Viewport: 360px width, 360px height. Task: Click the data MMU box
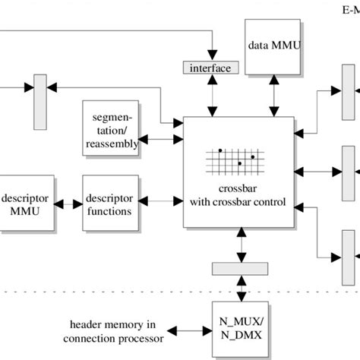(274, 46)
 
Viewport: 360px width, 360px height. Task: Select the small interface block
(210, 68)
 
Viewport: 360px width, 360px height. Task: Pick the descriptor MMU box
(27, 203)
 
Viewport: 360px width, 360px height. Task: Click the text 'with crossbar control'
(237, 202)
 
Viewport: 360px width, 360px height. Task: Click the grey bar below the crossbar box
(240, 269)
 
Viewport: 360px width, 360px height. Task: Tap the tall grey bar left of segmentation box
(40, 102)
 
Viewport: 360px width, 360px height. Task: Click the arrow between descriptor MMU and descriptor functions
(68, 204)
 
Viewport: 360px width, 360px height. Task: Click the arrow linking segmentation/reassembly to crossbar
(163, 139)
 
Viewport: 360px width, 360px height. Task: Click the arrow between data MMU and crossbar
(273, 96)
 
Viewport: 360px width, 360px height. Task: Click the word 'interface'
(210, 68)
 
